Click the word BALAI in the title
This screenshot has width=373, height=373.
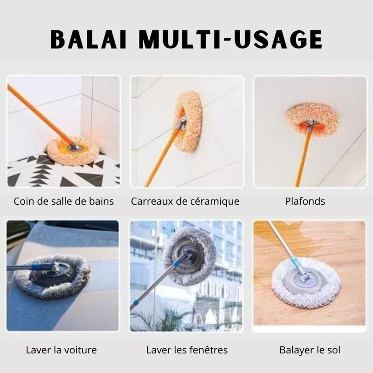coord(88,39)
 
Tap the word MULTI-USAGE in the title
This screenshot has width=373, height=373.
coord(230,39)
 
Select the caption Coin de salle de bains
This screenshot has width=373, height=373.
coord(64,201)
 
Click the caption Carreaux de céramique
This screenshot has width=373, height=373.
coord(185,201)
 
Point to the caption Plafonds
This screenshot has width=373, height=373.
coord(305,201)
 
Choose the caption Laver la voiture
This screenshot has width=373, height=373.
coord(62,350)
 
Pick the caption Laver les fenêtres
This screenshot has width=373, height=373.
coord(187,350)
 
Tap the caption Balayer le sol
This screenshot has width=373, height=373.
coord(310,350)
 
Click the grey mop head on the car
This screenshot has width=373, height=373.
coord(52,276)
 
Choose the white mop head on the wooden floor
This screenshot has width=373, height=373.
coord(306,283)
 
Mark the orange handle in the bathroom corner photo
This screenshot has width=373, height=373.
coord(40,115)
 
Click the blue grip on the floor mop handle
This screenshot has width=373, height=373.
coord(296,262)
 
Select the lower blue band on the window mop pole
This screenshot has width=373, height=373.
coord(136,303)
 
